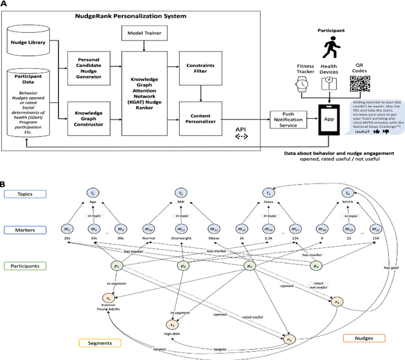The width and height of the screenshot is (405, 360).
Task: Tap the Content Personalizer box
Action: (x=201, y=103)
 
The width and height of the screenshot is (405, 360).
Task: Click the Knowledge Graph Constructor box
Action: (x=89, y=103)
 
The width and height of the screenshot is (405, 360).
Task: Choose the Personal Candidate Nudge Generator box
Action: (x=89, y=68)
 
